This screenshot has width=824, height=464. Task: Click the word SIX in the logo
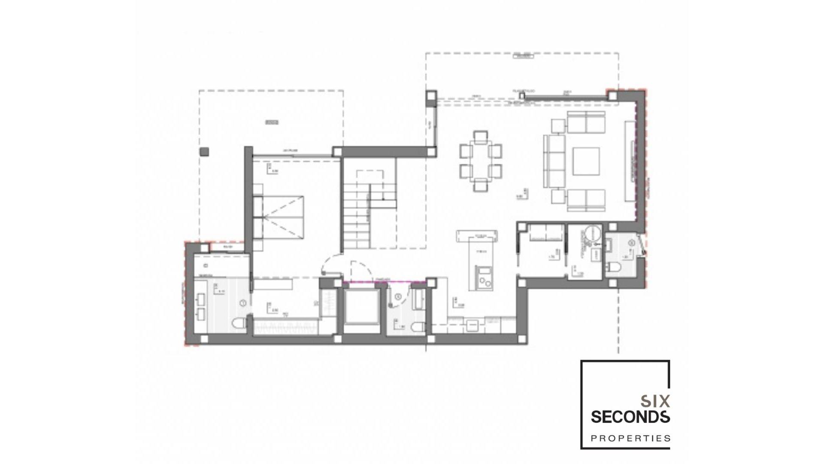tap(655, 401)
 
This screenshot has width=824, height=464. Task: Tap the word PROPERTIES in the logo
tap(630, 438)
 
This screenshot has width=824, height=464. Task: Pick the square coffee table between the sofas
tap(586, 161)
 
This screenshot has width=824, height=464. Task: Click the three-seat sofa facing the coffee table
tap(554, 161)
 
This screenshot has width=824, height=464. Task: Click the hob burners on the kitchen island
tap(485, 282)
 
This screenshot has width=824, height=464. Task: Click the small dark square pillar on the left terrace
tap(204, 151)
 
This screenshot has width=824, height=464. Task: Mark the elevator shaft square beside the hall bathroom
tap(362, 307)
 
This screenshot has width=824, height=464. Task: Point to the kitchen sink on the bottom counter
tap(473, 325)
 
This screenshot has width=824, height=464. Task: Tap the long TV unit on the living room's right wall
tap(630, 161)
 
